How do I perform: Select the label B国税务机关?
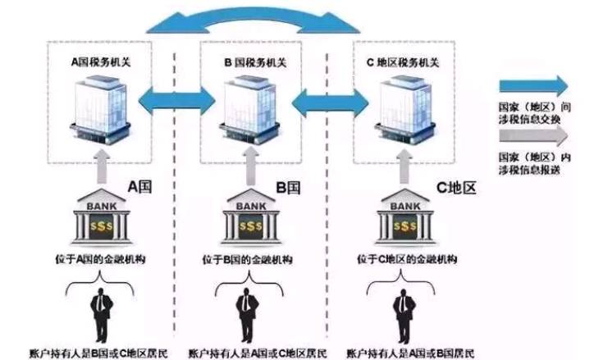(x=251, y=61)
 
